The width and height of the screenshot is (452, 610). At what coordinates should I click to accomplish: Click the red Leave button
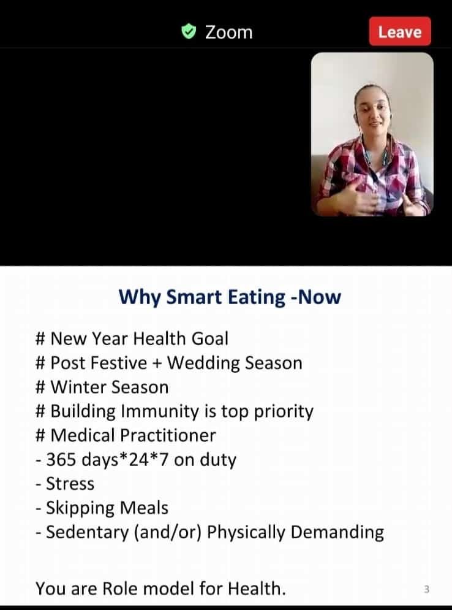(400, 31)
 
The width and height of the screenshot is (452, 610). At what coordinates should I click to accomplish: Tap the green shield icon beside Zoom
(189, 31)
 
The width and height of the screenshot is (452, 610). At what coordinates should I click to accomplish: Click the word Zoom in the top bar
(229, 32)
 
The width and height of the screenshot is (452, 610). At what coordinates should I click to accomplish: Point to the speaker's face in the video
(372, 110)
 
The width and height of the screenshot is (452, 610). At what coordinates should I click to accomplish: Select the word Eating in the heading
(257, 297)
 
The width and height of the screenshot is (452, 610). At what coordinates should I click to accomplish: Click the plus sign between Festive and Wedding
(157, 364)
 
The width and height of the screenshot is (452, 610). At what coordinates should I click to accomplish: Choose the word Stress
(70, 484)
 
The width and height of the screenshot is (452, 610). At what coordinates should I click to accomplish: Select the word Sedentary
(87, 533)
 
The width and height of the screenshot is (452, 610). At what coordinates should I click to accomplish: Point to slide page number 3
(426, 590)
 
